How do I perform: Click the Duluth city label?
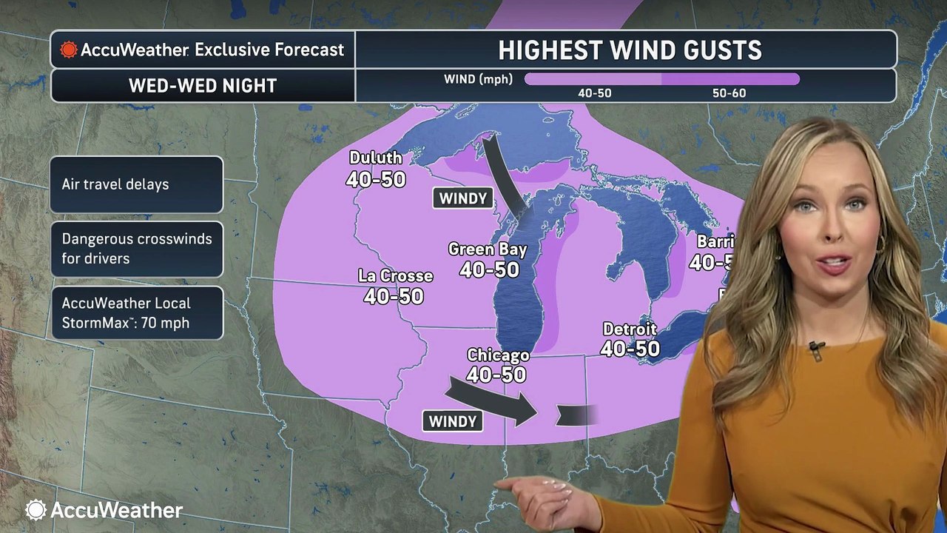(376, 158)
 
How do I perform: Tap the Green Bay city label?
(488, 249)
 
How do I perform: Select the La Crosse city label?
(395, 276)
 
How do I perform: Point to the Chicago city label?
(498, 356)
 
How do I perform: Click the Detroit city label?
(630, 329)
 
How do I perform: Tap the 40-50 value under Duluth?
(376, 178)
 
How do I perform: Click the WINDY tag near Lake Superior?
(463, 198)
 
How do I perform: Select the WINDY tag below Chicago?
(453, 421)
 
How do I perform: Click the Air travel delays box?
(137, 184)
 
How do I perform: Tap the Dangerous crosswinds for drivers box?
(137, 249)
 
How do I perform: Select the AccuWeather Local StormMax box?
(137, 313)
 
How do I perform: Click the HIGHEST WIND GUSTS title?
(630, 50)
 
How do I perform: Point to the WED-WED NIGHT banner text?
(203, 85)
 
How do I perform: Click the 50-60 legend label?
(729, 93)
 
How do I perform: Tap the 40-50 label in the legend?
(594, 93)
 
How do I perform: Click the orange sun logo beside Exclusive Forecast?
(68, 50)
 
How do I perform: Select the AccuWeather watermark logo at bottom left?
(104, 510)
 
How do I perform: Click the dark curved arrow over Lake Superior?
(503, 175)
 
